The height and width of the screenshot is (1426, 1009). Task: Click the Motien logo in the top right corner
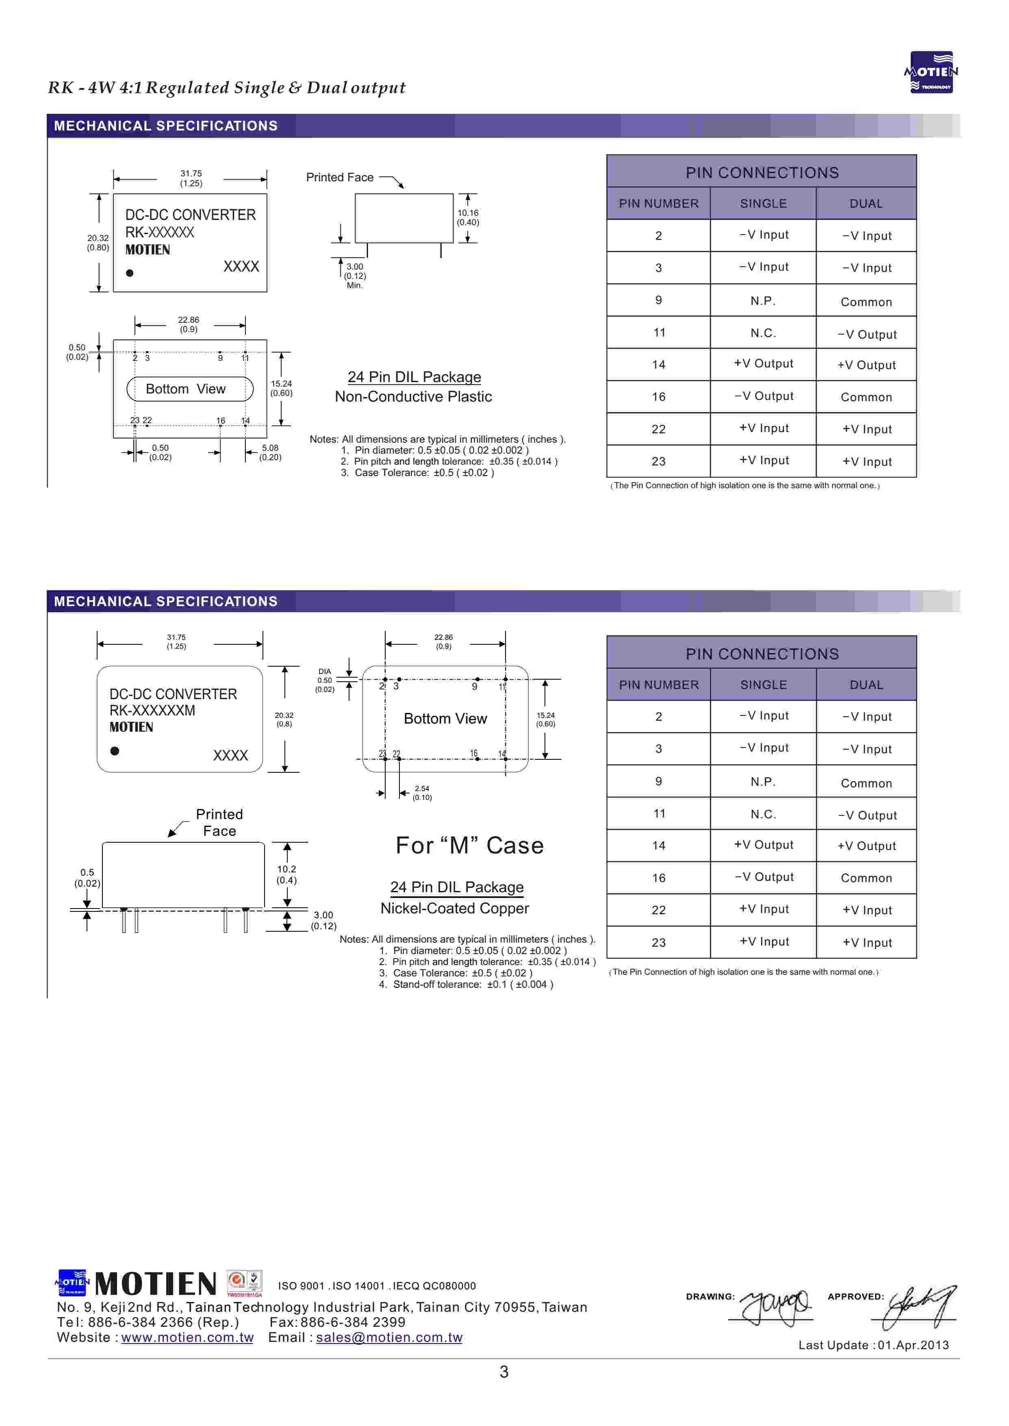[930, 72]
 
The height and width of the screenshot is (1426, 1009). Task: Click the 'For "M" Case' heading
[470, 845]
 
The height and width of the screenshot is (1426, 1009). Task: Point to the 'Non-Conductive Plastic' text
[413, 396]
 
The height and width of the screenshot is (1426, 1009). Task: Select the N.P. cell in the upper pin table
[763, 301]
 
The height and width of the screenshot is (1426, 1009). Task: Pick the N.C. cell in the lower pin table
[763, 814]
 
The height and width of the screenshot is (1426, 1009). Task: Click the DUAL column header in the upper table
[866, 203]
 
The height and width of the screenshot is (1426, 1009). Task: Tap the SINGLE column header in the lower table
[763, 685]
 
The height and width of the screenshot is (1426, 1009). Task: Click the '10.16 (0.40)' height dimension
[468, 217]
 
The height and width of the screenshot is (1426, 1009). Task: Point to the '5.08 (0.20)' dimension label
[270, 452]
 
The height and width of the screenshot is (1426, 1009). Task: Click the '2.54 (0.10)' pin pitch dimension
[422, 793]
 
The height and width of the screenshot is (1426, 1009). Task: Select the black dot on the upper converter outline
[129, 273]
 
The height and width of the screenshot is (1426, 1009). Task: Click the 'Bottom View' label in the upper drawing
[186, 389]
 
